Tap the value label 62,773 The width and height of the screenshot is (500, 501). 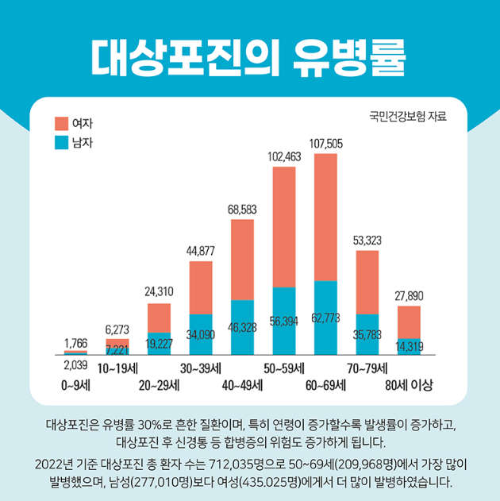point(325,318)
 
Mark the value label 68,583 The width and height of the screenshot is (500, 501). point(242,209)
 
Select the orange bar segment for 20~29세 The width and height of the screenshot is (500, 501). point(159,318)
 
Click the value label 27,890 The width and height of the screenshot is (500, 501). point(409,295)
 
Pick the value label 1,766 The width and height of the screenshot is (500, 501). point(75,342)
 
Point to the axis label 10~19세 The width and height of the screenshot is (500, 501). point(117,368)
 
